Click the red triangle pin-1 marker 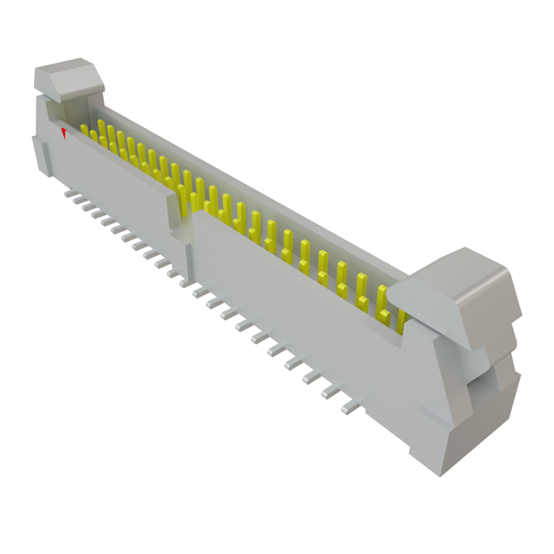coord(64,132)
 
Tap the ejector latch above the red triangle coord(68,78)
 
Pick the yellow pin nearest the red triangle coord(84,130)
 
